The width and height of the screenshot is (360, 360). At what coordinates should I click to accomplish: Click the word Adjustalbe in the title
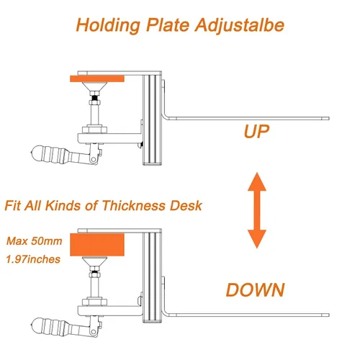[x=240, y=25]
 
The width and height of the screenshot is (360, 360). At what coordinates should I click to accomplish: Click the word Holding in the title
[x=108, y=25]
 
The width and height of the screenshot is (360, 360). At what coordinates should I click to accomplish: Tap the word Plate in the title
[x=168, y=24]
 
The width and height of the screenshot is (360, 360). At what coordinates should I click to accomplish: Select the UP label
[x=256, y=131]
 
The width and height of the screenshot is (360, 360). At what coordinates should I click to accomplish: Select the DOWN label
[x=256, y=289]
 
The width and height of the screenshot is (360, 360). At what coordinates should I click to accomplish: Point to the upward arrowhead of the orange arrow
[x=257, y=181]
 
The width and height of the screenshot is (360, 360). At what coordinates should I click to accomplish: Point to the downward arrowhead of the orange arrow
[x=257, y=239]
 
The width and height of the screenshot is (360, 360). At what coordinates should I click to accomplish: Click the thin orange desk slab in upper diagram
[x=97, y=78]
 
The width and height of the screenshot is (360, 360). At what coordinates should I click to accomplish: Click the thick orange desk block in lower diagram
[x=97, y=245]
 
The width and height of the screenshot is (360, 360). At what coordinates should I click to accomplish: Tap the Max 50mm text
[x=35, y=240]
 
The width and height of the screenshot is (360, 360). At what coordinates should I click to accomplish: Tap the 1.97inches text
[x=33, y=259]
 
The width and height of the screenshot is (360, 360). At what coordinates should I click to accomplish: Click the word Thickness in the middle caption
[x=134, y=205]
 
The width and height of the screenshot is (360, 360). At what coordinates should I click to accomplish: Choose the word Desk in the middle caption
[x=186, y=205]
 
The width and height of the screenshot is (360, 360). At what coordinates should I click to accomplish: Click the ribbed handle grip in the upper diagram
[x=52, y=154]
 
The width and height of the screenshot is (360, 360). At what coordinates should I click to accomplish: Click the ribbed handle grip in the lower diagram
[x=52, y=326]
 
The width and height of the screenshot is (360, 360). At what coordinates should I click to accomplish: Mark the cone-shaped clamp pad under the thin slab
[x=94, y=86]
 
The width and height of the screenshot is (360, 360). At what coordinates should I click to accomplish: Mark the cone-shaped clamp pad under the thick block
[x=94, y=261]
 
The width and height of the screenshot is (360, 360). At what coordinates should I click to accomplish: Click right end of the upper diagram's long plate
[x=328, y=118]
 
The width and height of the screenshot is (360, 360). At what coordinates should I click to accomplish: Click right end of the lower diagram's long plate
[x=328, y=315]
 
